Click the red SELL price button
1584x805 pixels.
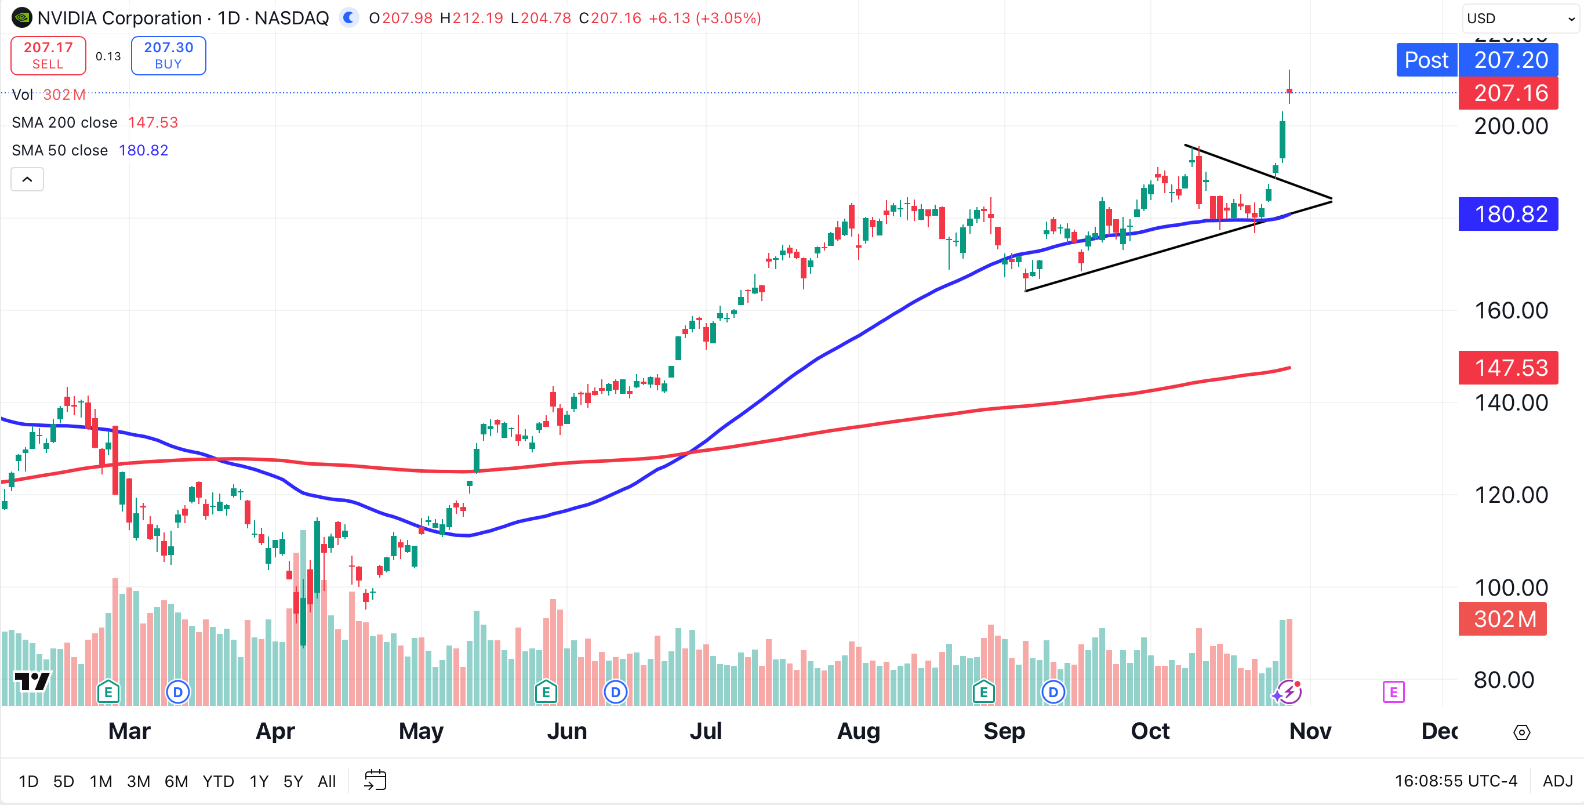[48, 55]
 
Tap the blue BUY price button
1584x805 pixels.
[168, 55]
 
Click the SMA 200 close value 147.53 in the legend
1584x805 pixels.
[152, 122]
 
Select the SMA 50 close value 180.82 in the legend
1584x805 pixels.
[143, 150]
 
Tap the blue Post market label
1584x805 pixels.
[1426, 60]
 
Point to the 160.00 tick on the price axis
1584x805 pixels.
[1511, 310]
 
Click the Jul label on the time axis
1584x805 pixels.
[705, 731]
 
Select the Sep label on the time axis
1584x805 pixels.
[1004, 731]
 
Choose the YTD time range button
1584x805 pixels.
[217, 781]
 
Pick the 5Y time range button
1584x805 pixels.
[293, 781]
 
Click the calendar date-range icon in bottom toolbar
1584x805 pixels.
[375, 781]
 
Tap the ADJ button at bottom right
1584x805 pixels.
[1557, 781]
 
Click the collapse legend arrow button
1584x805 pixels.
[27, 180]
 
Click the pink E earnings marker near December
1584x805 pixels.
[1393, 692]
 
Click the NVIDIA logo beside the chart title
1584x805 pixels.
[21, 18]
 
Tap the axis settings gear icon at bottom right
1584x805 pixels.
[1521, 733]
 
